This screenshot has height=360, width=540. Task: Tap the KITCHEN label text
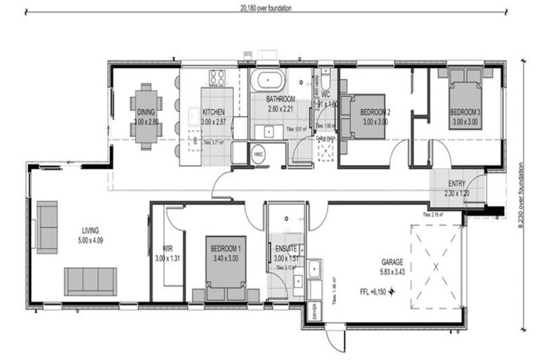coord(213,112)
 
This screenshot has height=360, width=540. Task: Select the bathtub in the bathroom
coord(266,79)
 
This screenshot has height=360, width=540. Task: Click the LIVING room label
coord(90,230)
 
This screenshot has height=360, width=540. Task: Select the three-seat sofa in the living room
coord(90,281)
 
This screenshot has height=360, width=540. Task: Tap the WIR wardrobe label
coord(167,248)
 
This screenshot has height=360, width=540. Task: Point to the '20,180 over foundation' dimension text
coord(265,8)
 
